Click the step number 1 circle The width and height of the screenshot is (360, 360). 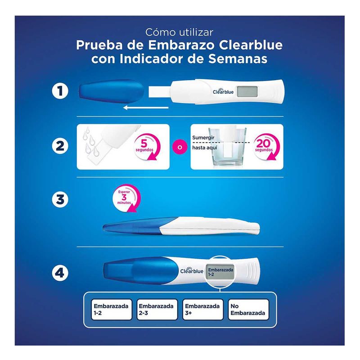60,91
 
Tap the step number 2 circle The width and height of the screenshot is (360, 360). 60,146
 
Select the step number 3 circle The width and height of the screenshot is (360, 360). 60,199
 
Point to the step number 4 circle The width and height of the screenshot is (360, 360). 60,273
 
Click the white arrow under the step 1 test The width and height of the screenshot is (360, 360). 146,108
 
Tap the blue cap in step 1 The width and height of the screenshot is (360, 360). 111,91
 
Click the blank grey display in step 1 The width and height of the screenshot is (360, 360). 247,91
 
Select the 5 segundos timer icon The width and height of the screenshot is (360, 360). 146,147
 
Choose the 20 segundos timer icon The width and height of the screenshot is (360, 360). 266,147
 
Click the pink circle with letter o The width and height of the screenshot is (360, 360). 180,147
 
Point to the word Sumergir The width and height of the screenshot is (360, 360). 203,138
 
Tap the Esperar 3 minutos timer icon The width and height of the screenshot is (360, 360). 126,198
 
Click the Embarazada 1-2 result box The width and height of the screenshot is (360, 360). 112,310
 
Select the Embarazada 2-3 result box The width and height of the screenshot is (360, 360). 157,310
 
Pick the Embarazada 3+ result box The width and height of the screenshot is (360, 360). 203,310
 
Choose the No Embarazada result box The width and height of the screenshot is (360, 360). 248,310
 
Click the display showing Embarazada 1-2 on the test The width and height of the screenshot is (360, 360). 220,272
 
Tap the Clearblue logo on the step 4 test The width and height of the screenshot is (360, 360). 192,270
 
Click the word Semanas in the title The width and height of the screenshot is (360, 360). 238,58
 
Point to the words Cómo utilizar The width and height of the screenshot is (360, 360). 179,32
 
